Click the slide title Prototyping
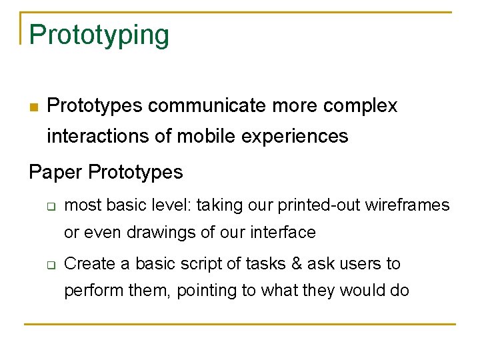99,35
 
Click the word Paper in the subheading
55,172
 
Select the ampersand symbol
296,264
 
